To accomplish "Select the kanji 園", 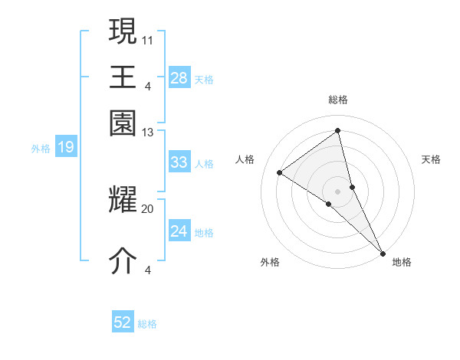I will pyautogui.click(x=123, y=123).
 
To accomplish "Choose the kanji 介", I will pyautogui.click(x=123, y=261).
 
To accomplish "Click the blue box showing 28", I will pyautogui.click(x=179, y=77).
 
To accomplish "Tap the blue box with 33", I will pyautogui.click(x=179, y=162).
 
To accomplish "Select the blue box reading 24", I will pyautogui.click(x=179, y=231).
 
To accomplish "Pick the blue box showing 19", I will pyautogui.click(x=66, y=147).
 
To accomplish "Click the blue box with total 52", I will pyautogui.click(x=123, y=322).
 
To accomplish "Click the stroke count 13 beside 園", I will pyautogui.click(x=148, y=133).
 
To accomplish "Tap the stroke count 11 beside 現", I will pyautogui.click(x=148, y=38).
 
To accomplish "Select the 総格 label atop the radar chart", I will pyautogui.click(x=338, y=100).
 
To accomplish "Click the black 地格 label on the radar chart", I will pyautogui.click(x=402, y=262).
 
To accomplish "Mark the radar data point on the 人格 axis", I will pyautogui.click(x=280, y=172).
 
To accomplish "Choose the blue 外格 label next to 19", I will pyautogui.click(x=40, y=149).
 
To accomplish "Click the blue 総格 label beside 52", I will pyautogui.click(x=147, y=324).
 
